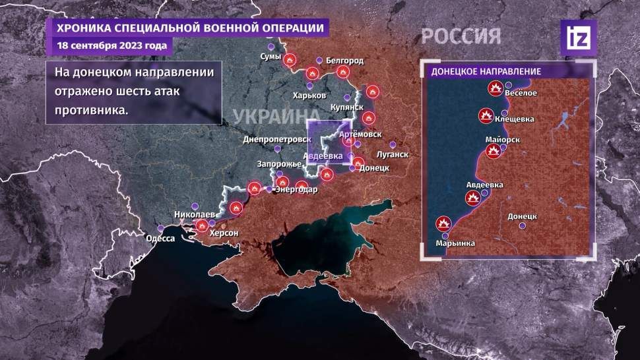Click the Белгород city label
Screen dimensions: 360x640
point(345,61)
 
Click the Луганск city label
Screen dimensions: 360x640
point(393,154)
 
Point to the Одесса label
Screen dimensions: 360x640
point(160,239)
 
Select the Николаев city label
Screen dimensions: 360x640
point(194,215)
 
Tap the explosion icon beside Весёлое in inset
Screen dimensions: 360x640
point(495,88)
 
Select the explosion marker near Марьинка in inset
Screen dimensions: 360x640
point(443,223)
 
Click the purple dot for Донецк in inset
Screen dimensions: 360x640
point(523,226)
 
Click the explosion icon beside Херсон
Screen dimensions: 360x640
point(201,226)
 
